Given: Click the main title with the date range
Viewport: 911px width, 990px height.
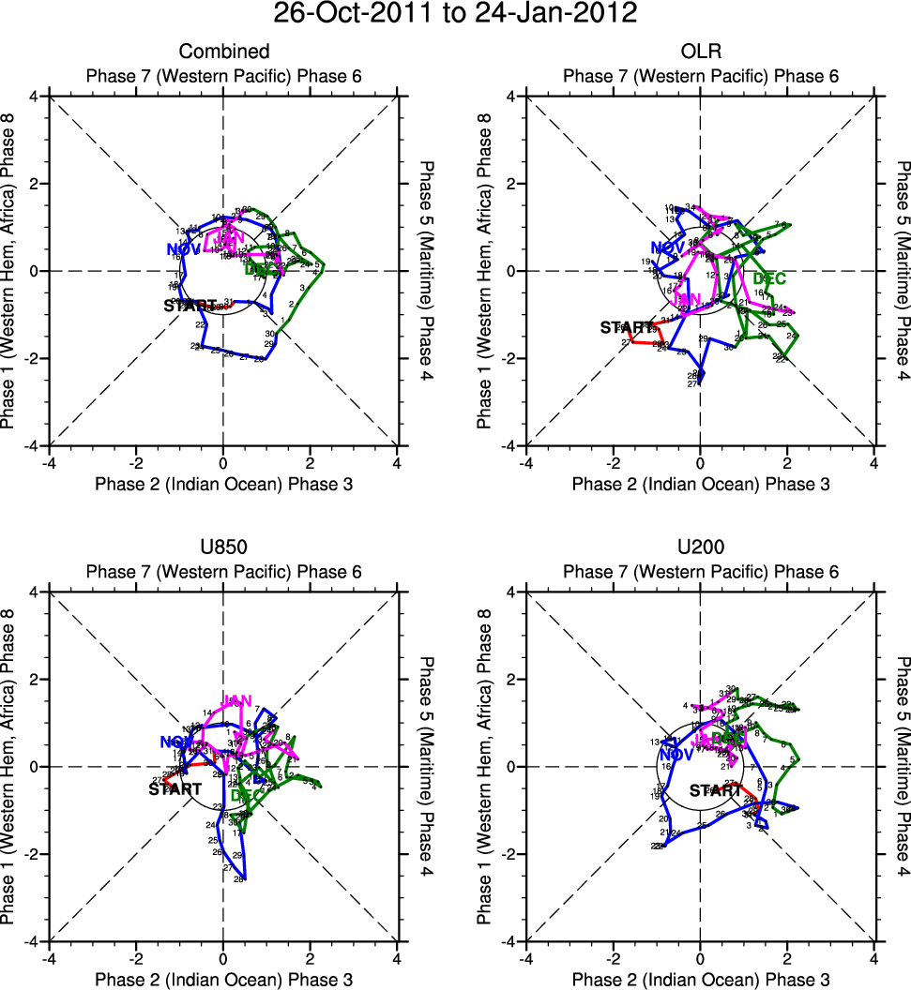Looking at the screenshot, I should (x=455, y=15).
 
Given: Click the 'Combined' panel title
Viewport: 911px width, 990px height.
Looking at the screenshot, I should (x=224, y=52).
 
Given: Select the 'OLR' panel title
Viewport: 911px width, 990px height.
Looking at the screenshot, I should (x=700, y=52).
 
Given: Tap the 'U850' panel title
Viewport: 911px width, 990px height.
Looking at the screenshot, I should (x=224, y=547).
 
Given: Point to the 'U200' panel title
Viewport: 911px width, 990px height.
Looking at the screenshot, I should (x=700, y=547).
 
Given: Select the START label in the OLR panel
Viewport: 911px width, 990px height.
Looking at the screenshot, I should (x=627, y=328).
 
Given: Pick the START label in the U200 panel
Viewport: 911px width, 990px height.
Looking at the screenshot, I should (x=715, y=790).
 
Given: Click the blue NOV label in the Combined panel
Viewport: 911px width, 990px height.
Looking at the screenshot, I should (x=183, y=249).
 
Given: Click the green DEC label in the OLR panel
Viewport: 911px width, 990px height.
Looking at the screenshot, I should (x=769, y=278).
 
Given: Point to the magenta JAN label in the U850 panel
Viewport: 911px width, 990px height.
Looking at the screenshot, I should (x=236, y=701).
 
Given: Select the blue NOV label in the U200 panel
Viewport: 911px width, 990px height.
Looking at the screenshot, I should (x=676, y=755).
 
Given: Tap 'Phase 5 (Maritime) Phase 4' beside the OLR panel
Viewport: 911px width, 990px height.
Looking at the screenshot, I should (x=901, y=270).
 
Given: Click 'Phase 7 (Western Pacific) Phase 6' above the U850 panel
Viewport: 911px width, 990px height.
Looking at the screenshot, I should (x=224, y=572).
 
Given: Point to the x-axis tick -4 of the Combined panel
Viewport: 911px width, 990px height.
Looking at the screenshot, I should (x=49, y=462).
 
